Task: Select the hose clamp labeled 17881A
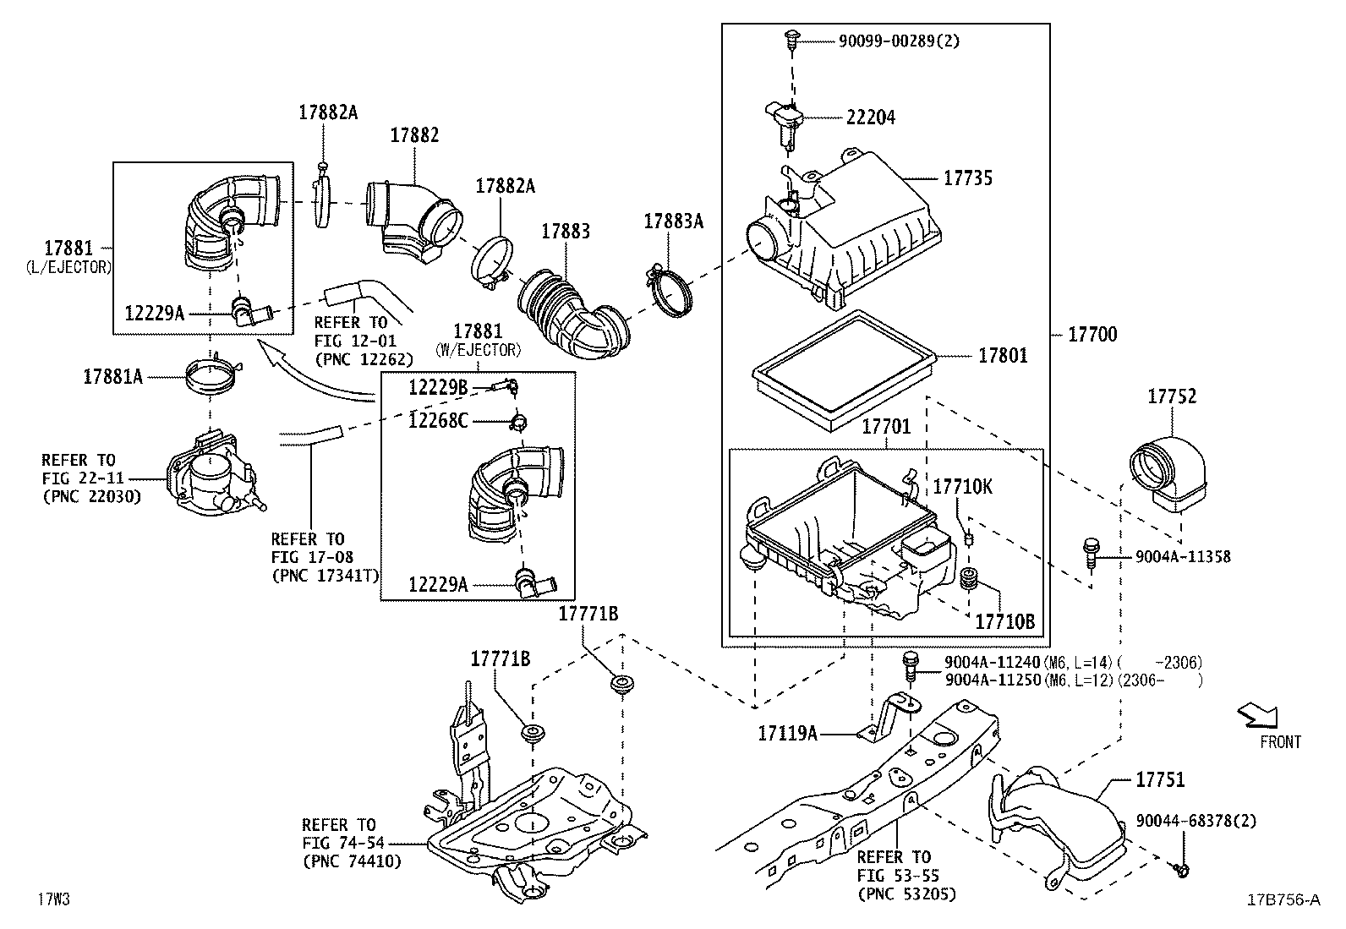click(211, 376)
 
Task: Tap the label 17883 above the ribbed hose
click(566, 231)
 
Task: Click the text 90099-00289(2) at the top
click(899, 40)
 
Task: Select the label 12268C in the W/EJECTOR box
click(437, 420)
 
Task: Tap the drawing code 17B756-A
click(1283, 899)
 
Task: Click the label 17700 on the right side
click(1092, 335)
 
